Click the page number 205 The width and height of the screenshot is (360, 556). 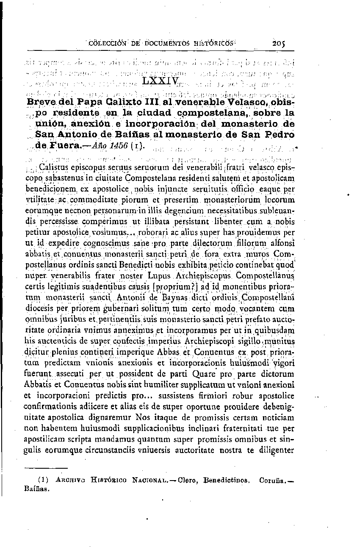pos(280,43)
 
